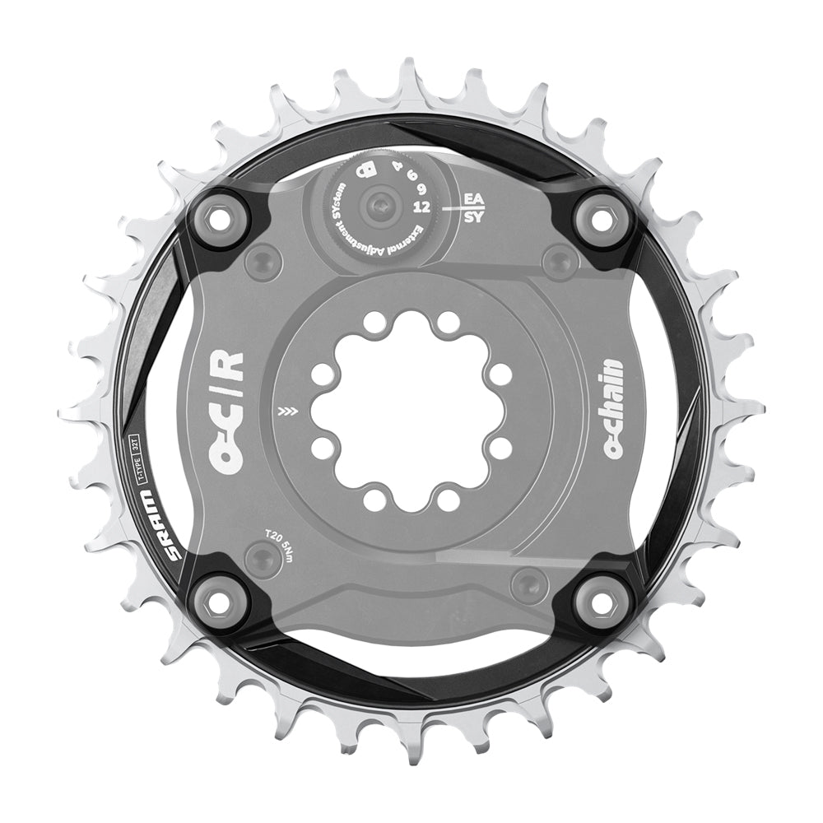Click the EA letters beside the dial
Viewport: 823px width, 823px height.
point(473,199)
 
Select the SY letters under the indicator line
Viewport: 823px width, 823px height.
point(473,219)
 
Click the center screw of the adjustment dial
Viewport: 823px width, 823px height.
point(379,206)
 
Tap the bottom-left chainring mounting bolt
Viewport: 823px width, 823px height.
point(217,603)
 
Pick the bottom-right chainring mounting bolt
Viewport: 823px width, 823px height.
point(603,603)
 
